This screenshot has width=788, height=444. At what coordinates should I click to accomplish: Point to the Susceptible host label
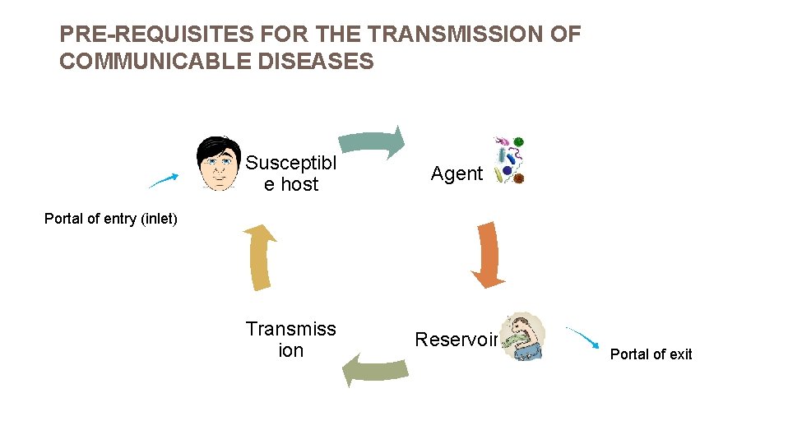pyautogui.click(x=290, y=173)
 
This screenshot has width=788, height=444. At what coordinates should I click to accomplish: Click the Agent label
pyautogui.click(x=457, y=173)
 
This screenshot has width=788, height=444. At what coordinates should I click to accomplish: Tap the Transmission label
pyautogui.click(x=290, y=340)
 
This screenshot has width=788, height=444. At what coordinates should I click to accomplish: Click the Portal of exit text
pyautogui.click(x=651, y=354)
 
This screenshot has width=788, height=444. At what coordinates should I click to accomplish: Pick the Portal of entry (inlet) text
pyautogui.click(x=111, y=219)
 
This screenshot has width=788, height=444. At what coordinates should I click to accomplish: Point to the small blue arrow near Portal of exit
pyautogui.click(x=583, y=338)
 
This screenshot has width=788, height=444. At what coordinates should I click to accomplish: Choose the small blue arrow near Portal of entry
pyautogui.click(x=165, y=180)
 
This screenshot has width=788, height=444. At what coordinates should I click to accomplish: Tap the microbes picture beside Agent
pyautogui.click(x=508, y=160)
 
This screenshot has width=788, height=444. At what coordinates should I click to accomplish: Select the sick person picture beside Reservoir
pyautogui.click(x=523, y=337)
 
